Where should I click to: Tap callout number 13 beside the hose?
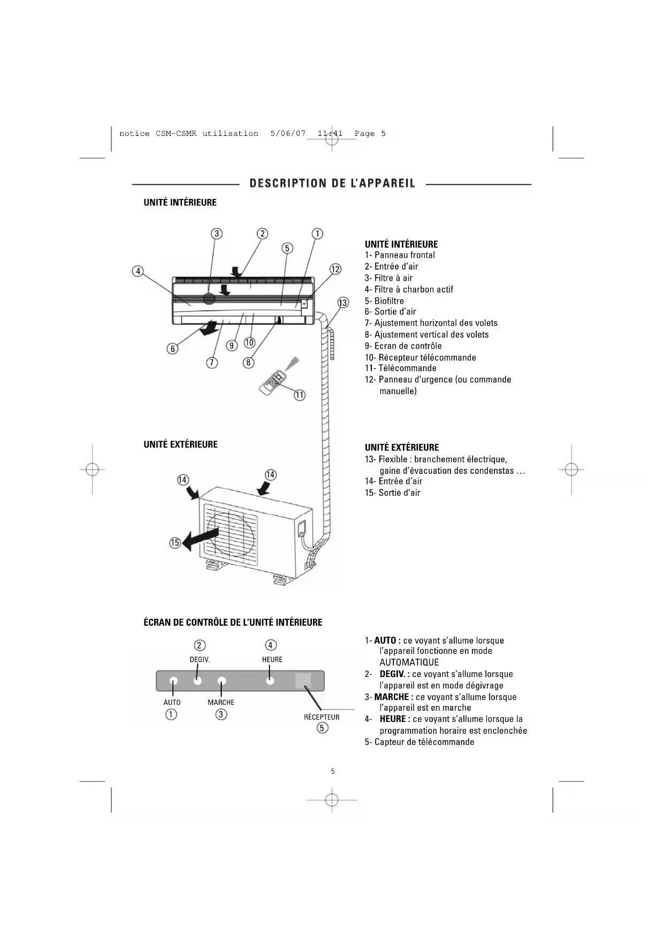click(343, 303)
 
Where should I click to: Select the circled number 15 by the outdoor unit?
click(175, 543)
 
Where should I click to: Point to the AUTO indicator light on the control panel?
click(173, 681)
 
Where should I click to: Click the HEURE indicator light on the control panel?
click(270, 681)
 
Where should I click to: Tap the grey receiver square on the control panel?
click(303, 680)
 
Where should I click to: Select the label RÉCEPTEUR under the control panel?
click(322, 717)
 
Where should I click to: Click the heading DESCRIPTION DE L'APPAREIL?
click(332, 183)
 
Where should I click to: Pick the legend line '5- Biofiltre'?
click(384, 301)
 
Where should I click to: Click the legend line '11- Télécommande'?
click(400, 368)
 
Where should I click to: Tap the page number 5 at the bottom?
click(333, 771)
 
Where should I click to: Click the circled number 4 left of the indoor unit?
click(138, 271)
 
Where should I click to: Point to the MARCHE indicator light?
click(222, 681)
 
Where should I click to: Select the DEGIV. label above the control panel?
click(200, 659)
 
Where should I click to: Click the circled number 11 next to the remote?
click(300, 395)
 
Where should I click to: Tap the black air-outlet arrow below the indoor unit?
click(209, 328)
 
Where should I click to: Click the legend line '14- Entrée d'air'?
click(393, 481)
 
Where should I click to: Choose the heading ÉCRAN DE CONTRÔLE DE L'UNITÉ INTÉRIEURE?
click(233, 622)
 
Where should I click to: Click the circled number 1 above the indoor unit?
click(317, 234)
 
